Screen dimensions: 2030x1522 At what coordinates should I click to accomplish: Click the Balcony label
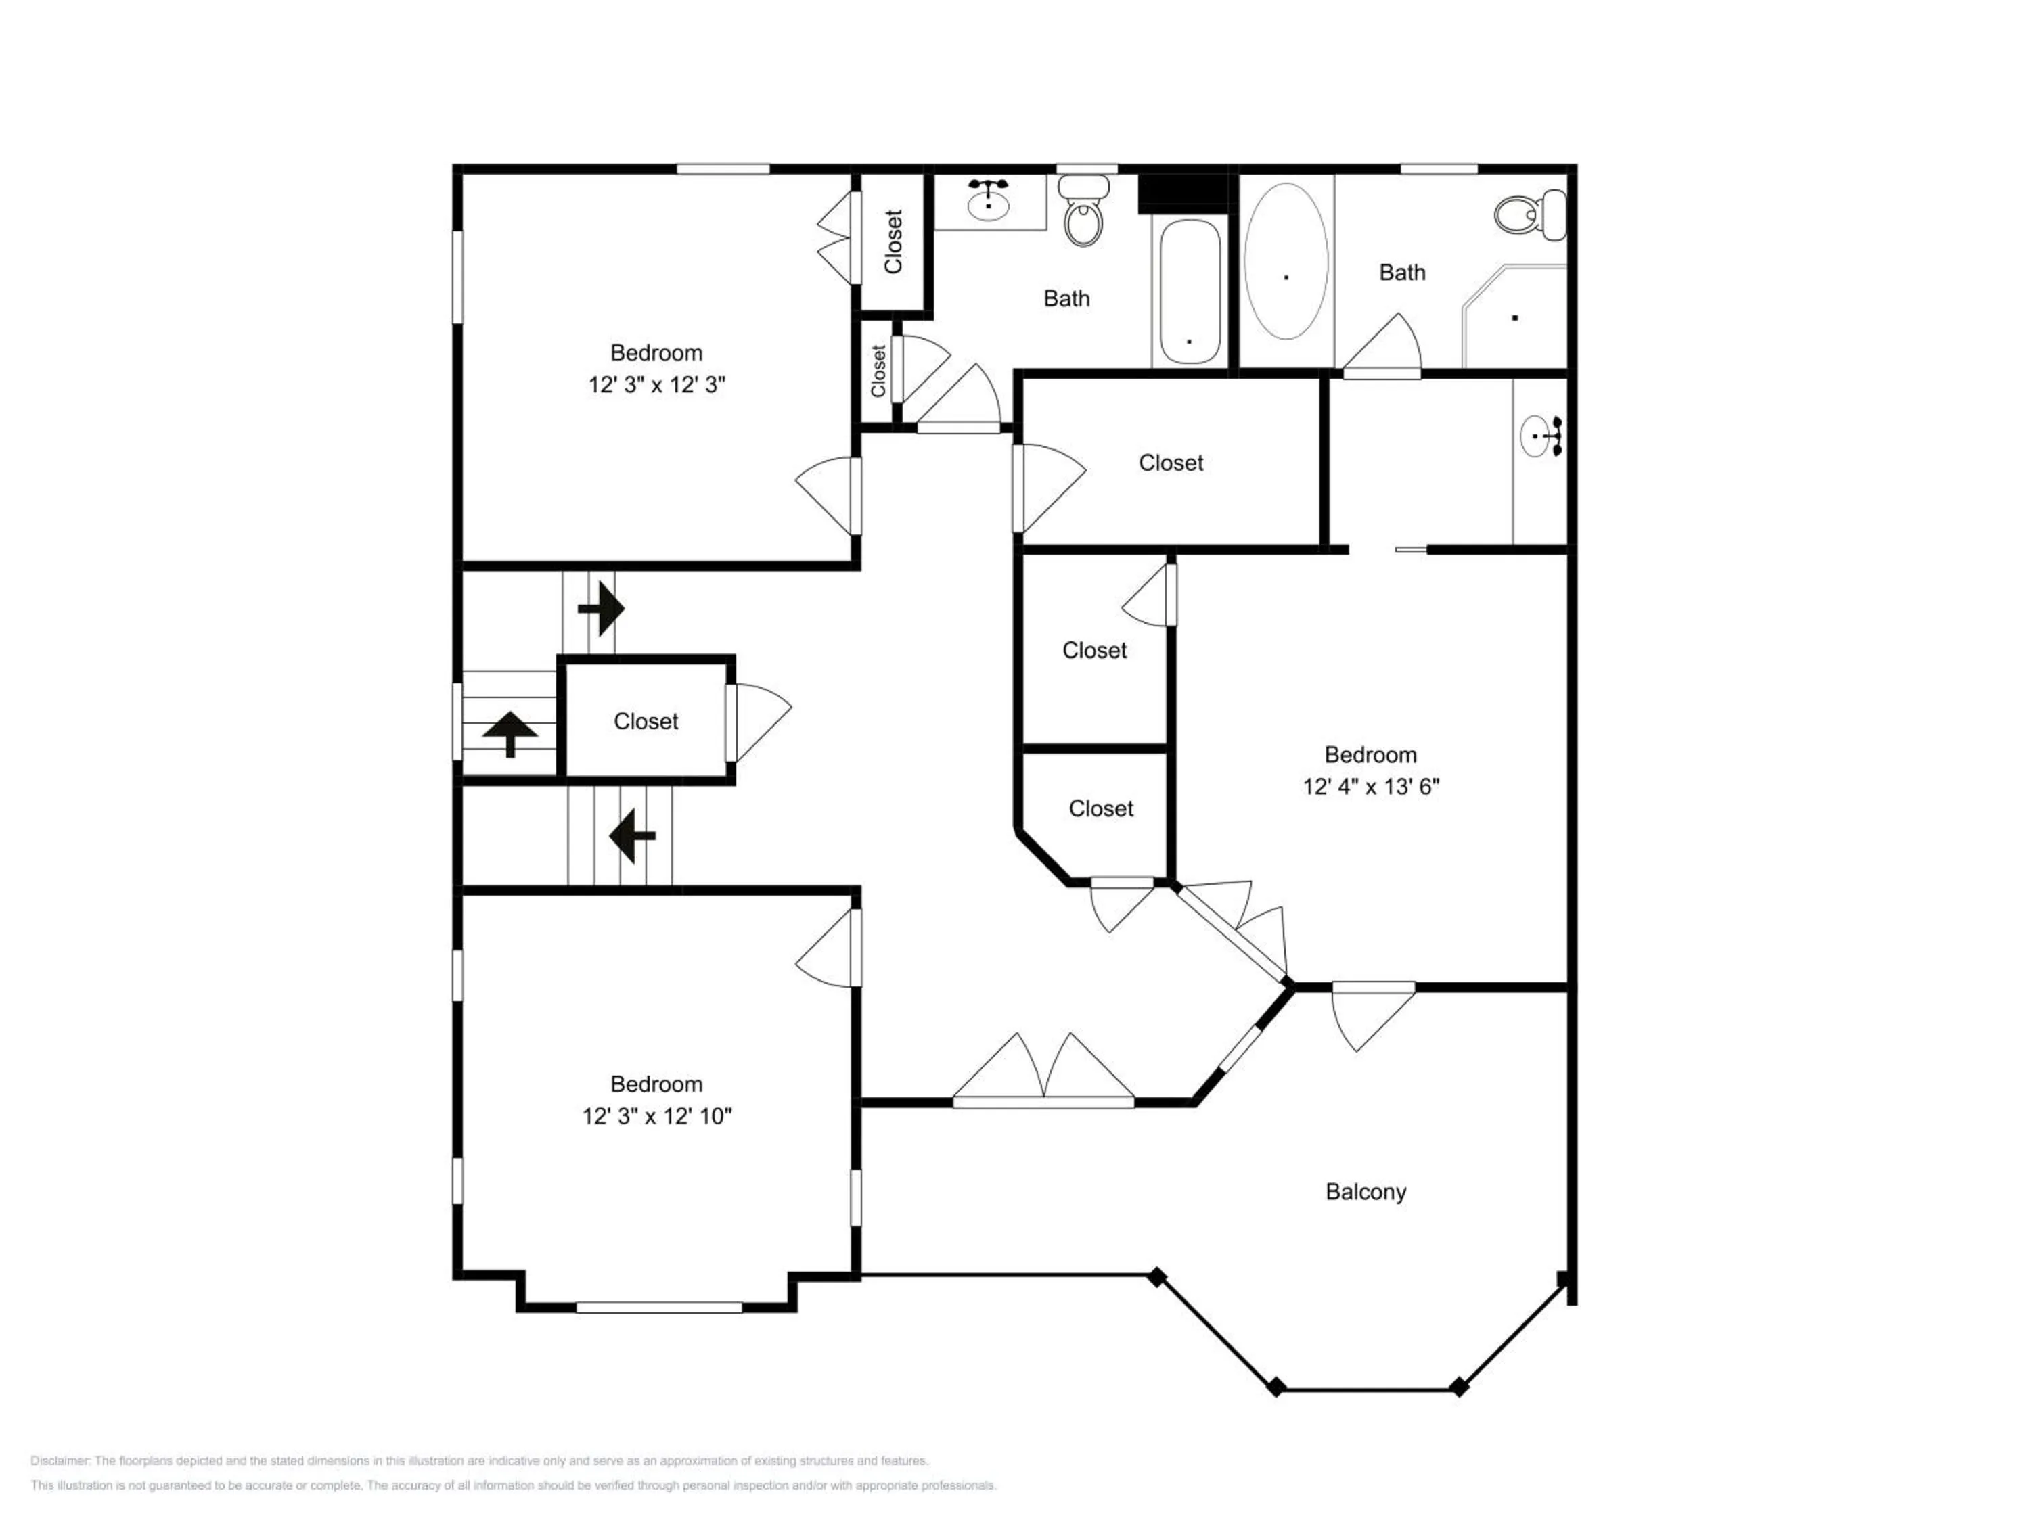(1366, 1192)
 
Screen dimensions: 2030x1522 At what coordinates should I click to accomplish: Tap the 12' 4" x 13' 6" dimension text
(1371, 786)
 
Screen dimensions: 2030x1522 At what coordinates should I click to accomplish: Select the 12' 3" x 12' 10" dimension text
(656, 1115)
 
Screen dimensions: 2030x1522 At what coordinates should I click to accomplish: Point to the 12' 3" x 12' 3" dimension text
(657, 384)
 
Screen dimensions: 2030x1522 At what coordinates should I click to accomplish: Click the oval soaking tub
(1286, 262)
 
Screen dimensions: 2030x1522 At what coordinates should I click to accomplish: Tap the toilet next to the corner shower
(1530, 214)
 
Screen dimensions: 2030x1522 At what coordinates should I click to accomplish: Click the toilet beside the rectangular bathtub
(1084, 211)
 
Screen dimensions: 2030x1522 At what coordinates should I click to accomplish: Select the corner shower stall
(1514, 317)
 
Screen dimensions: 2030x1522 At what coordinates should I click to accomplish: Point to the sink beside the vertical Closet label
(989, 200)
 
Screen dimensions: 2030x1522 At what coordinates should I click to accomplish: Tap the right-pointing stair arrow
(601, 608)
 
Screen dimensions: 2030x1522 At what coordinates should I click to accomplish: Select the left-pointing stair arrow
(632, 836)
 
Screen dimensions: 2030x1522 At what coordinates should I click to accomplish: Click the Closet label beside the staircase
(646, 721)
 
